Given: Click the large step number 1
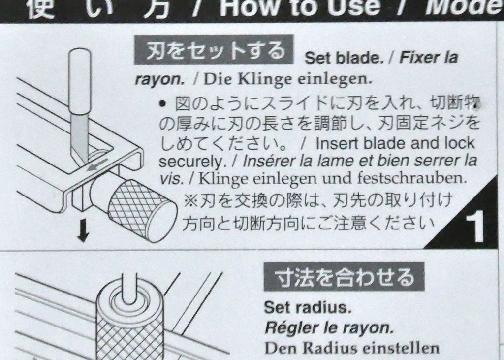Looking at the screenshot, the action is pyautogui.click(x=474, y=227).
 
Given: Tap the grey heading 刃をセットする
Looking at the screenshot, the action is pyautogui.click(x=214, y=50).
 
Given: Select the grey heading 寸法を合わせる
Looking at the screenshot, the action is pyautogui.click(x=344, y=277).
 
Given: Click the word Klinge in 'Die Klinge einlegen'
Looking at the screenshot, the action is pyautogui.click(x=265, y=79).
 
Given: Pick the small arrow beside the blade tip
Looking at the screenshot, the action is pyautogui.click(x=97, y=165).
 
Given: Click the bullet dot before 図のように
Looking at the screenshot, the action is pyautogui.click(x=163, y=104).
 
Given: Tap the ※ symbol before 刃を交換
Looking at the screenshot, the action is pyautogui.click(x=189, y=201).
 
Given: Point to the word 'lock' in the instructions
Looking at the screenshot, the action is pyautogui.click(x=459, y=143).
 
